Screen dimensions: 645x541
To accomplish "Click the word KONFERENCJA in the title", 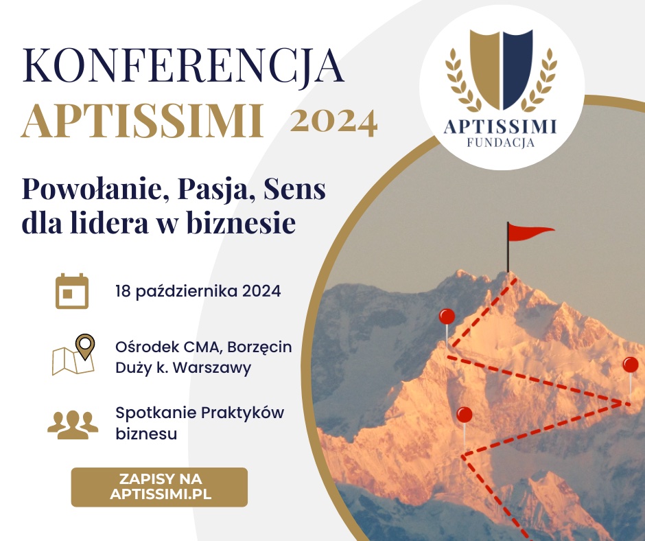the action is click(183, 67).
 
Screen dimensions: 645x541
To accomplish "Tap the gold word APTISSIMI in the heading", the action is click(142, 121).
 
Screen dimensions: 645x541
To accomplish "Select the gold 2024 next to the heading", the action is click(333, 123).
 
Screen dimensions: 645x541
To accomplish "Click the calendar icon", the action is click(72, 290).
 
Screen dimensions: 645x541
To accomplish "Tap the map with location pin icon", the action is click(73, 354).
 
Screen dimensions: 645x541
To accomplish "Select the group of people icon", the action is click(73, 425).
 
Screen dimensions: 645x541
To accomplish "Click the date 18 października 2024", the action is click(198, 292).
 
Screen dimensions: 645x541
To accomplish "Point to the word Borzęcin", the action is click(259, 348).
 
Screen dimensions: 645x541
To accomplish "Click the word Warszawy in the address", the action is click(212, 368).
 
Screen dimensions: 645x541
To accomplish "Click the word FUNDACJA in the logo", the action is click(501, 143).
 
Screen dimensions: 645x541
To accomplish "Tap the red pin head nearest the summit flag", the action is click(447, 316).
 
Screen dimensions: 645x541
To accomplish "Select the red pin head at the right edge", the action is click(630, 365).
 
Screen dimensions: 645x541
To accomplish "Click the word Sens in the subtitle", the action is click(294, 189).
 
